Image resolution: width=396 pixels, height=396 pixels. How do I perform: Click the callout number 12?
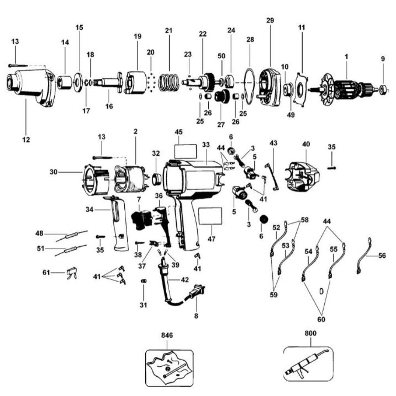[26, 139]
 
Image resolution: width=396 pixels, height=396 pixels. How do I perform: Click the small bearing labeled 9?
[383, 88]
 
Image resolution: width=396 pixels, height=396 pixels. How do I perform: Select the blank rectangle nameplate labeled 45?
[185, 151]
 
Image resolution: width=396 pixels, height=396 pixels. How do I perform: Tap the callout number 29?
[270, 20]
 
